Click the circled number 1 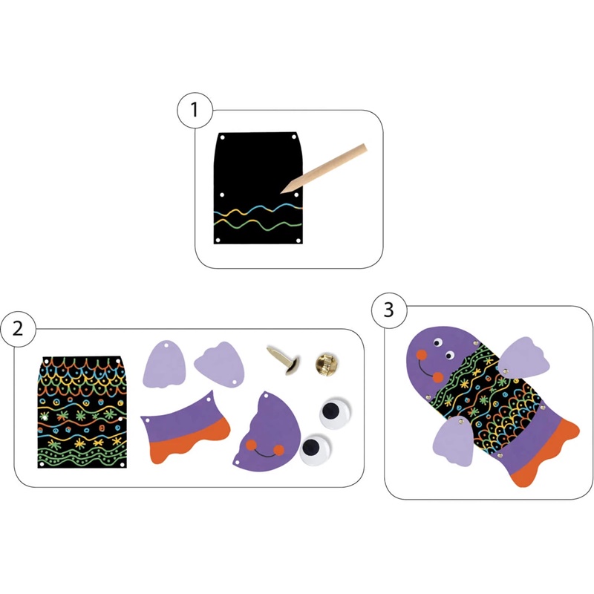195,110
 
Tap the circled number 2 18,328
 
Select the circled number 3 389,310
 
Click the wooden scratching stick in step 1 324,169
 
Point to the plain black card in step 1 258,188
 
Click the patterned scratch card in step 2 82,412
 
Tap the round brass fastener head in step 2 327,364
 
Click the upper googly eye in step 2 335,412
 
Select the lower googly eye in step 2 316,449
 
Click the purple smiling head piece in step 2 267,433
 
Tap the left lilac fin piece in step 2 164,364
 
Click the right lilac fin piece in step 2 220,364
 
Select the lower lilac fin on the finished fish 454,441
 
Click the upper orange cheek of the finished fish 421,355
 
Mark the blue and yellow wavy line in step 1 258,209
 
